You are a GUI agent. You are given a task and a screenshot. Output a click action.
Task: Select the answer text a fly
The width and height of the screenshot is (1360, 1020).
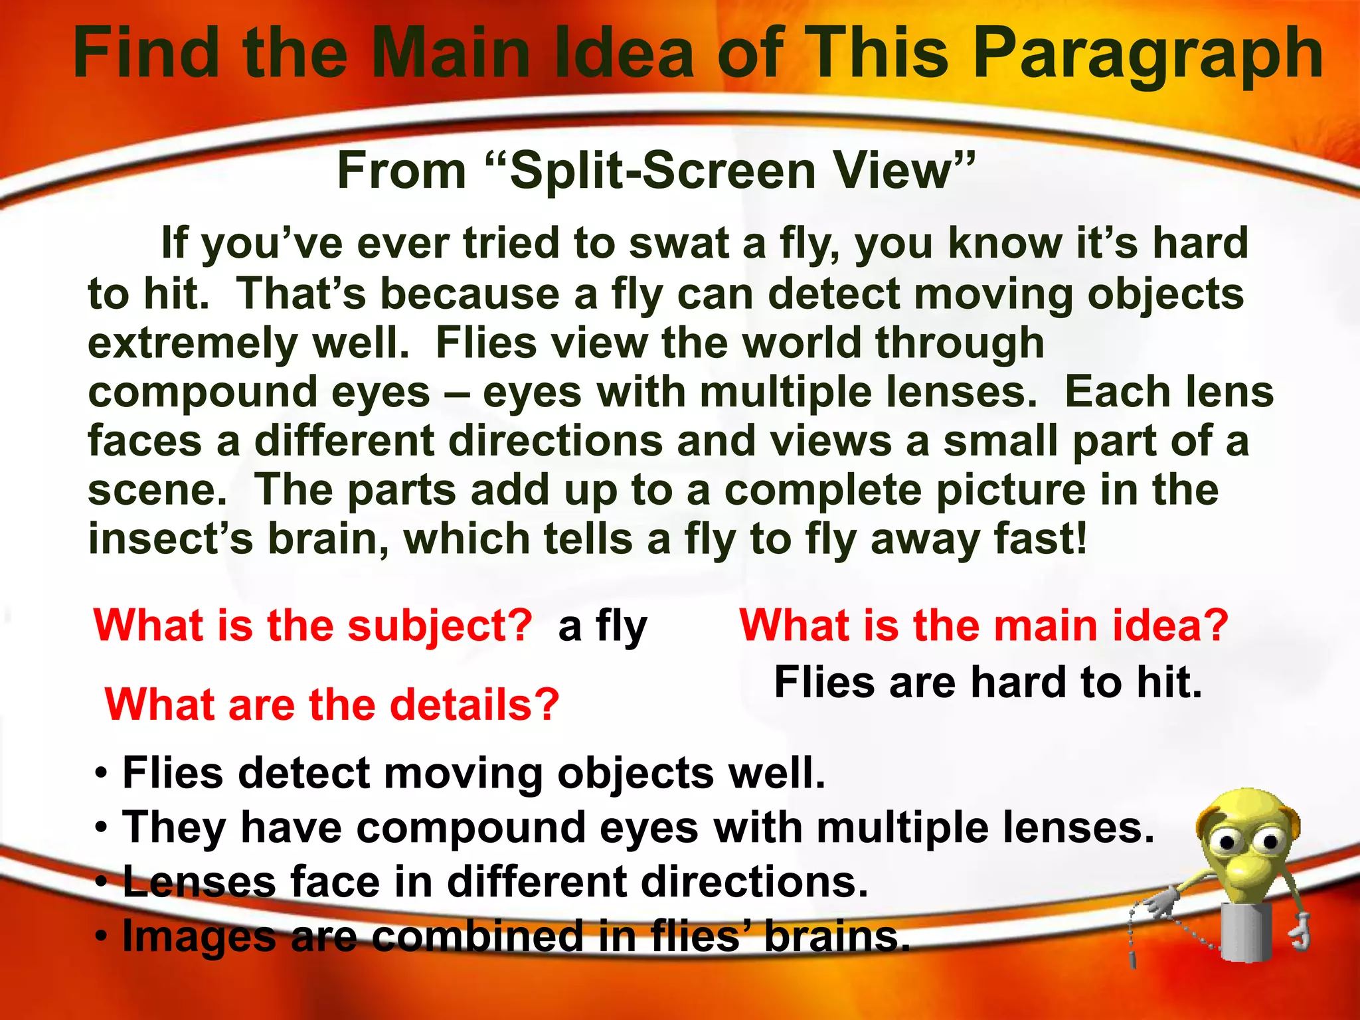pyautogui.click(x=602, y=626)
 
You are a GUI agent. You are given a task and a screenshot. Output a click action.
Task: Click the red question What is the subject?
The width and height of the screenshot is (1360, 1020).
pyautogui.click(x=313, y=626)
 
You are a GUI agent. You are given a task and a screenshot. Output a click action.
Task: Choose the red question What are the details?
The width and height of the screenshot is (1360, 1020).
pyautogui.click(x=332, y=705)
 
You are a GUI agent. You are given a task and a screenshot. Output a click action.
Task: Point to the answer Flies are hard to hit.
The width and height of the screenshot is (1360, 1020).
pyautogui.click(x=988, y=683)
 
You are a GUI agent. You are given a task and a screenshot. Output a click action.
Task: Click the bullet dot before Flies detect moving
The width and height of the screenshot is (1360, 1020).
pyautogui.click(x=101, y=774)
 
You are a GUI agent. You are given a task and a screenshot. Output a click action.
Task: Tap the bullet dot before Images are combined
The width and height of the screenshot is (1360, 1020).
pyautogui.click(x=101, y=937)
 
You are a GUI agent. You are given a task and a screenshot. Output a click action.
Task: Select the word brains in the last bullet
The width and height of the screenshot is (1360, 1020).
pyautogui.click(x=837, y=937)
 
